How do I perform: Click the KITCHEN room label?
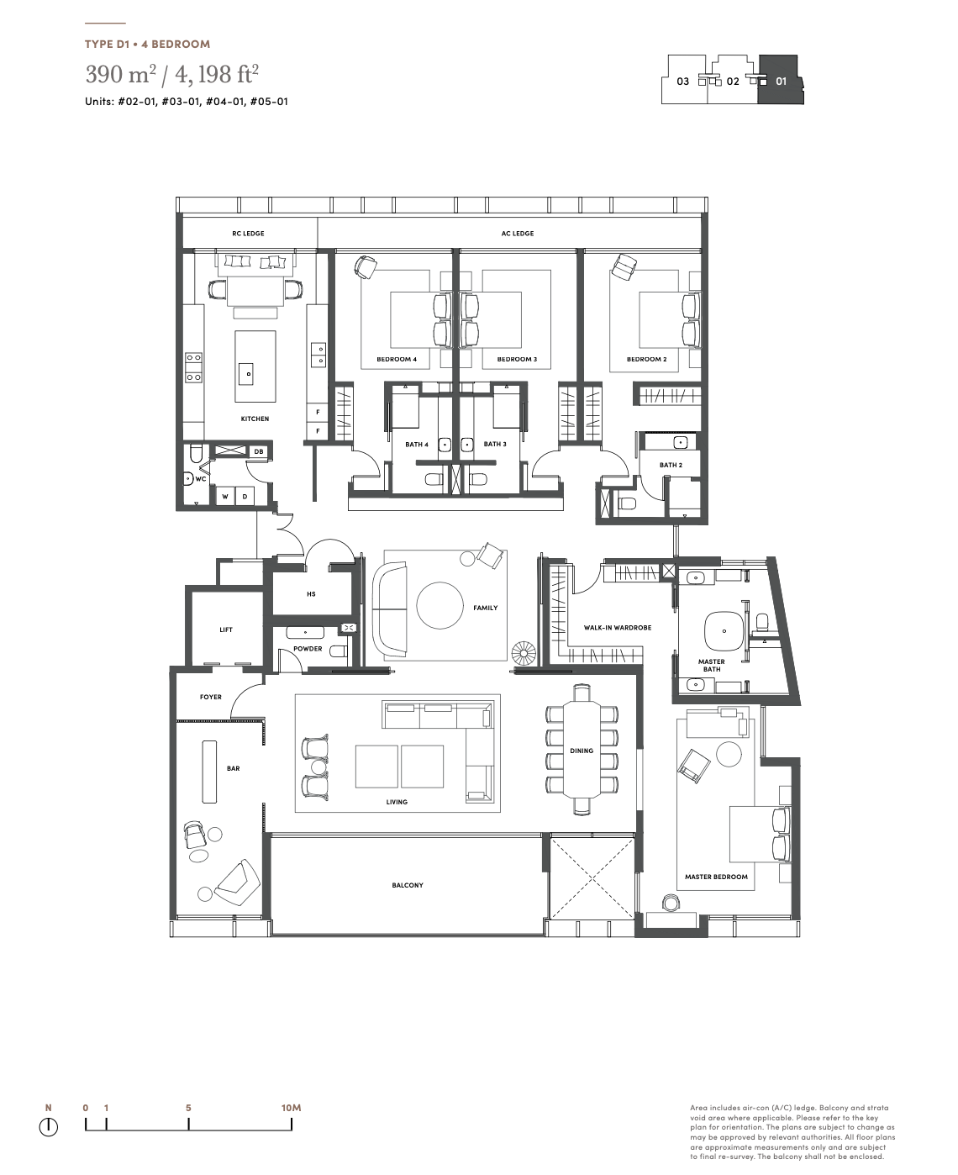(255, 419)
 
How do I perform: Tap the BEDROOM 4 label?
(397, 360)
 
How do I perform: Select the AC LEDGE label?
(518, 234)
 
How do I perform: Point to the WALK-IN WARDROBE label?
(617, 627)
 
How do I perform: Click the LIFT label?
(225, 630)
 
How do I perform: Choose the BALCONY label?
(407, 885)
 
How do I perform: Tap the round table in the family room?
(440, 605)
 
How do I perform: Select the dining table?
(582, 750)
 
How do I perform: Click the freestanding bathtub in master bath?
(724, 631)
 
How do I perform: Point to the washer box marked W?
(225, 497)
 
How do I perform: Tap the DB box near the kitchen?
(259, 451)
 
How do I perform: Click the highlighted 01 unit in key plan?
(780, 80)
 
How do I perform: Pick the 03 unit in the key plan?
(683, 82)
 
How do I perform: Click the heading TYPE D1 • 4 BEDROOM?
(148, 44)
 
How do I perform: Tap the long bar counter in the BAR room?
(209, 771)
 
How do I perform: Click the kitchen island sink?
(249, 374)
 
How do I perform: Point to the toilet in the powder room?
(339, 651)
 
